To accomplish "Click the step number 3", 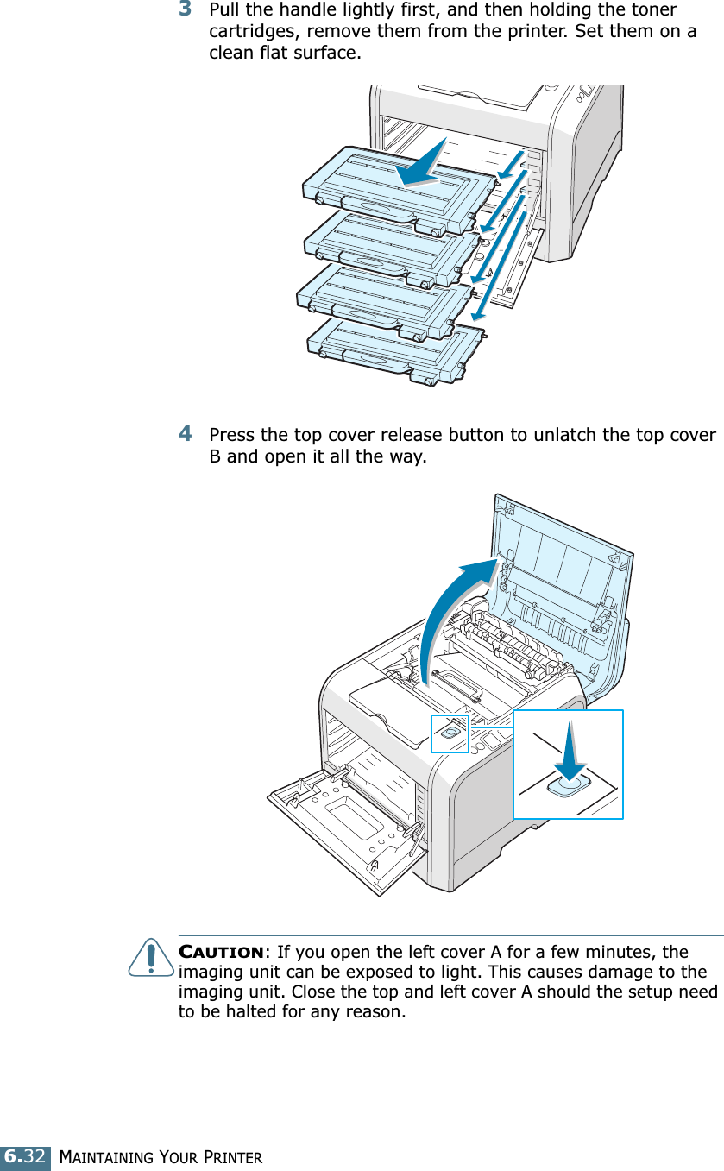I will pos(186,10).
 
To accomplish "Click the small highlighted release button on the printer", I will pos(449,733).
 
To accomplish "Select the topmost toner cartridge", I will pos(397,186).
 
